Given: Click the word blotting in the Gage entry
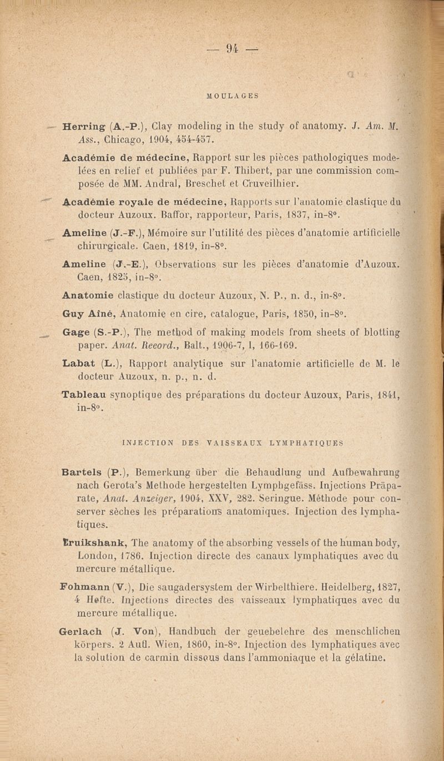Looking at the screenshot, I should (x=375, y=332).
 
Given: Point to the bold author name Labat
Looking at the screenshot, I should (x=78, y=364).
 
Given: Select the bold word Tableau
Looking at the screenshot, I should (x=84, y=395).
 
